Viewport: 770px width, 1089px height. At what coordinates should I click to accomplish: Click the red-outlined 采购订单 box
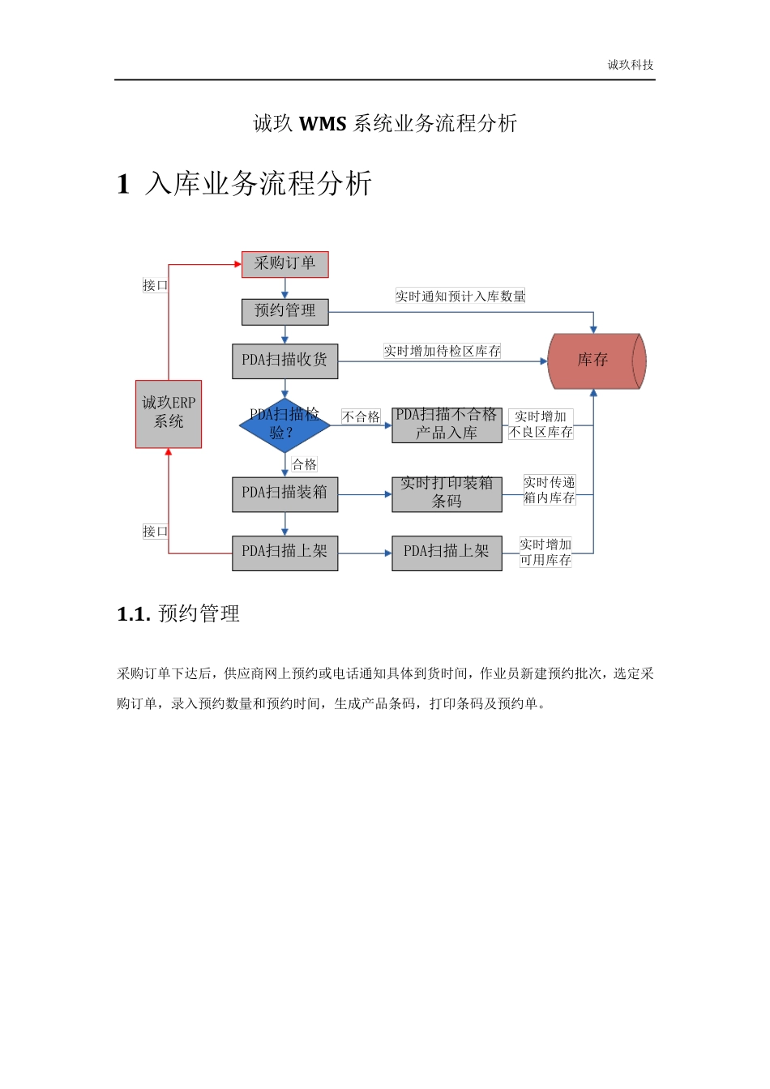click(284, 264)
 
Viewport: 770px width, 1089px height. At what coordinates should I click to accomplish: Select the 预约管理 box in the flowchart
click(284, 311)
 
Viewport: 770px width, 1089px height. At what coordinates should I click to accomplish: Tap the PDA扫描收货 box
click(284, 361)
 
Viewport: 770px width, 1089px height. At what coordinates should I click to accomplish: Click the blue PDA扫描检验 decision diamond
click(284, 425)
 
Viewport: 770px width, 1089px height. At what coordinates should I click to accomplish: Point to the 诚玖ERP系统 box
click(169, 414)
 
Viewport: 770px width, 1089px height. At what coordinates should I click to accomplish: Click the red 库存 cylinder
click(596, 361)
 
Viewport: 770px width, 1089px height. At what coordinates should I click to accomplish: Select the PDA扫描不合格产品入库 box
click(447, 425)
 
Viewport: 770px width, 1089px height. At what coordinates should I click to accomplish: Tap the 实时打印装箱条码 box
click(447, 493)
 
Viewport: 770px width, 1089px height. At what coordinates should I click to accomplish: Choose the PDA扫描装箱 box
click(284, 493)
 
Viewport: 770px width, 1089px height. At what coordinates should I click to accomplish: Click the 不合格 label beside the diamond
click(361, 416)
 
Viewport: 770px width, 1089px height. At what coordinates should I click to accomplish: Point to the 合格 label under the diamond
click(304, 464)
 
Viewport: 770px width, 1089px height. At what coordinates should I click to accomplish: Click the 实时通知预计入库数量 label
click(460, 297)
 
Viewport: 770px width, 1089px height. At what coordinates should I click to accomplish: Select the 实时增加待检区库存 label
click(442, 351)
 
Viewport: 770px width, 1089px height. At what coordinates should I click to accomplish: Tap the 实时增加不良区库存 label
click(541, 425)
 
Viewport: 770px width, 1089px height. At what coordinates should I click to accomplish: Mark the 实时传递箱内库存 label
click(549, 490)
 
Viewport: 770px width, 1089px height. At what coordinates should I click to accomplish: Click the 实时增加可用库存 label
click(545, 552)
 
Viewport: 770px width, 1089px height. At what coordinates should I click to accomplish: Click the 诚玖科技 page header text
click(630, 65)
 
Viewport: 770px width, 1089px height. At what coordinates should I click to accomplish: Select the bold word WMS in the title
click(323, 124)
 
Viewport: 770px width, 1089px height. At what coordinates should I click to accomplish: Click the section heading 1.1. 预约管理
click(178, 614)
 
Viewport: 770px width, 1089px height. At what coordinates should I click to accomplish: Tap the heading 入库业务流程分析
click(258, 184)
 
